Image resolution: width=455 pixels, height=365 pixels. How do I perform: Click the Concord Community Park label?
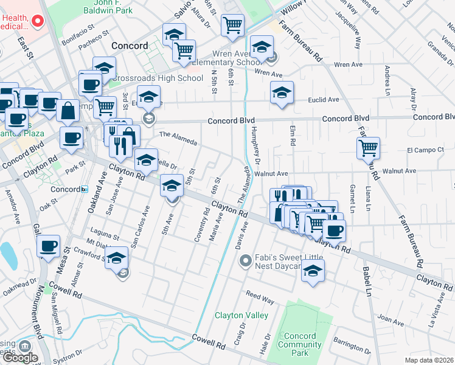[300, 344]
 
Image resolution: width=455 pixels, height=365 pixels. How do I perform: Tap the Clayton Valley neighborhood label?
[241, 315]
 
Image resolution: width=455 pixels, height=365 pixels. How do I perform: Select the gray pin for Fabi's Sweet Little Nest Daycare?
[246, 262]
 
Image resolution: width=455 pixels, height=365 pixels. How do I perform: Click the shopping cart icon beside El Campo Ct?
[368, 147]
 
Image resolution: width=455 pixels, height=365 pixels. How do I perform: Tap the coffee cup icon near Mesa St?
[48, 246]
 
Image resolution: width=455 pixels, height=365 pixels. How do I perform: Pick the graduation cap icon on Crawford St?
[117, 257]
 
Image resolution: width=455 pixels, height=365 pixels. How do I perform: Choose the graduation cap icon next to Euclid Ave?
[282, 93]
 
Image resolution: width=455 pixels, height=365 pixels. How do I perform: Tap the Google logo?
[19, 358]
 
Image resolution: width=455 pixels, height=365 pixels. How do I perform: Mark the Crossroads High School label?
[156, 78]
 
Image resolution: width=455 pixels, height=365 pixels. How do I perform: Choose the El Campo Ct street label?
[422, 150]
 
